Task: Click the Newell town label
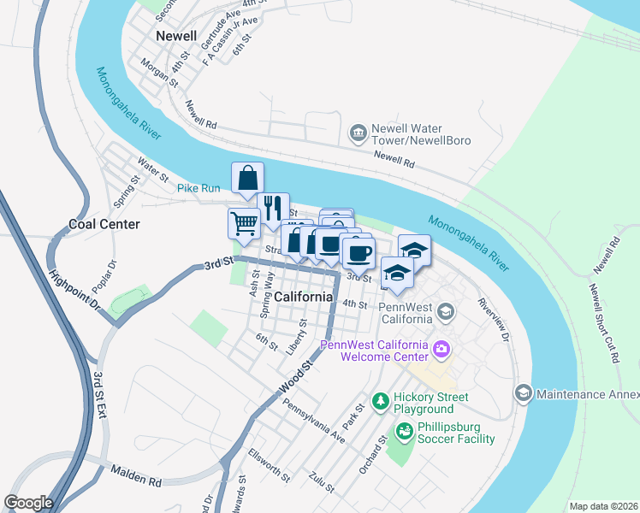click(x=176, y=37)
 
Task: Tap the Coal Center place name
click(x=104, y=224)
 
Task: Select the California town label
click(x=304, y=296)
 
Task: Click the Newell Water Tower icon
click(x=358, y=133)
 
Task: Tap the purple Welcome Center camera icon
click(x=441, y=348)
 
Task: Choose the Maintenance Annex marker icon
click(x=522, y=393)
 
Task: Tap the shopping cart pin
click(x=244, y=223)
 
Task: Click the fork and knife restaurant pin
click(x=273, y=207)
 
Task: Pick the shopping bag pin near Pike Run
click(x=247, y=178)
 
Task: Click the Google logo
click(x=28, y=503)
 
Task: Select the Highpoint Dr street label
click(x=75, y=290)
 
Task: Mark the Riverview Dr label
click(x=494, y=320)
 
